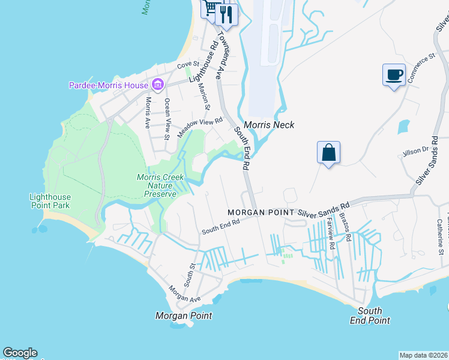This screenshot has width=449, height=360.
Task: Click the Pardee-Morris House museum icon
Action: (x=158, y=85)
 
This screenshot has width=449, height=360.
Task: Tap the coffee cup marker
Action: (x=394, y=76)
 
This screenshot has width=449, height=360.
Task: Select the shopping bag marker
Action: (x=328, y=152)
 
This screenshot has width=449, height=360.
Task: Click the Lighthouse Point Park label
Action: (x=50, y=201)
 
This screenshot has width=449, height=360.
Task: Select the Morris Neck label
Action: (x=270, y=125)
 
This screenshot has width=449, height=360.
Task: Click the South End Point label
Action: (x=370, y=315)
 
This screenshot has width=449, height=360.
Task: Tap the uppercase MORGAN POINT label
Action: (x=261, y=213)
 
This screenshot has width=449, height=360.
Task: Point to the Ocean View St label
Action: (x=167, y=119)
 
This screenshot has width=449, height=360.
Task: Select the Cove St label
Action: (x=187, y=66)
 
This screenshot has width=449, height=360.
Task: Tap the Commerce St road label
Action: (x=421, y=68)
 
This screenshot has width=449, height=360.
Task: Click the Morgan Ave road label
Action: (x=185, y=295)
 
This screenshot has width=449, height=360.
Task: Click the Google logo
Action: (x=20, y=353)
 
